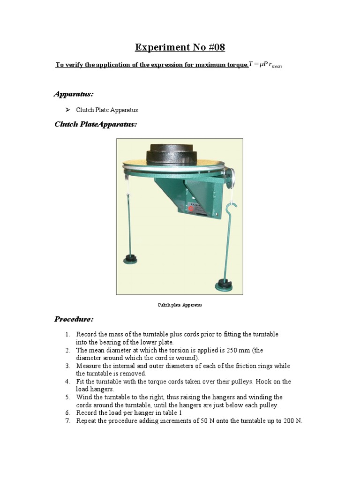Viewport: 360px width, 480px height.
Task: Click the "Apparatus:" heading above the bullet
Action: tap(74, 94)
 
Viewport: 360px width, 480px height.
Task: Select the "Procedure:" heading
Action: tap(74, 319)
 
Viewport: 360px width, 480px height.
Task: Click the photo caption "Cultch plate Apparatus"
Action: tap(180, 305)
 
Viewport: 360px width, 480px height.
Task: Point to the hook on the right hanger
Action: tap(231, 209)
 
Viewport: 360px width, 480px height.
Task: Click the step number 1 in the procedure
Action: tap(67, 335)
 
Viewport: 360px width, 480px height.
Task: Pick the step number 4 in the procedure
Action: tap(67, 382)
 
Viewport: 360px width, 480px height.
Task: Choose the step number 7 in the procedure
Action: tap(67, 421)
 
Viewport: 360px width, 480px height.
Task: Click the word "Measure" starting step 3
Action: tap(89, 366)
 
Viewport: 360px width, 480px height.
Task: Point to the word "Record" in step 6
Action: tap(87, 413)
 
